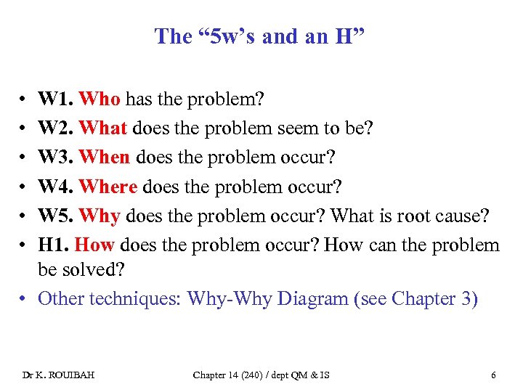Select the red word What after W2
tap(104, 127)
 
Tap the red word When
tap(105, 156)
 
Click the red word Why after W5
tap(100, 215)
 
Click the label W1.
tap(56, 98)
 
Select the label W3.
tap(56, 156)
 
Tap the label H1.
tap(53, 244)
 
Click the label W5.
tap(56, 215)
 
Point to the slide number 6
tap(494, 375)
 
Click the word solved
tap(94, 270)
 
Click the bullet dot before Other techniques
tap(25, 298)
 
